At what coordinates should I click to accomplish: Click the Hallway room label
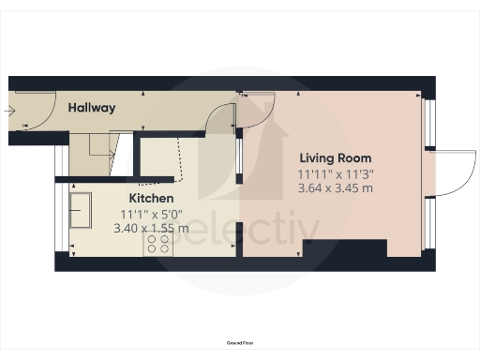coord(91,108)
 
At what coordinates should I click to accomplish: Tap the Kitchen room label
coord(150,199)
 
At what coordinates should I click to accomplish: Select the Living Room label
coord(335,157)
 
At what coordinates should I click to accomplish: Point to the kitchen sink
coord(80,211)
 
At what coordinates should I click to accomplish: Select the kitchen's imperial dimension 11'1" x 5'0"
coord(150,214)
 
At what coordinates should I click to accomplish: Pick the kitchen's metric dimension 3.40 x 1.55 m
coord(150,228)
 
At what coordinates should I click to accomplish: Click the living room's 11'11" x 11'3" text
coord(335,173)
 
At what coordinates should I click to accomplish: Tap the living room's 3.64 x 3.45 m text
coord(335,187)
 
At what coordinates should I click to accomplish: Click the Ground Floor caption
coord(239,344)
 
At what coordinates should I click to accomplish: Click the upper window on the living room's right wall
coord(427,123)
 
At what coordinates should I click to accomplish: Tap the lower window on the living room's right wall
coord(427,225)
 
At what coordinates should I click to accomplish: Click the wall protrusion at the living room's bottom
coord(344,248)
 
